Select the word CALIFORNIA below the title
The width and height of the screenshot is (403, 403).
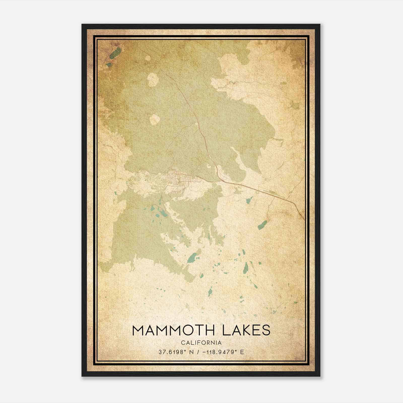click(201, 343)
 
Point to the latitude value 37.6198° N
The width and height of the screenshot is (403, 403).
click(176, 352)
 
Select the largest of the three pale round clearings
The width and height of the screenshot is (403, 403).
click(153, 80)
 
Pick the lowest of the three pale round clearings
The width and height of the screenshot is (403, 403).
click(155, 119)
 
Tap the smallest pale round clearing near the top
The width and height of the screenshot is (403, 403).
click(148, 58)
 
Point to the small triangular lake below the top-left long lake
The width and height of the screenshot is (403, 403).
click(109, 65)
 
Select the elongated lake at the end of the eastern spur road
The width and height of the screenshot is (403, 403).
click(262, 224)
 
